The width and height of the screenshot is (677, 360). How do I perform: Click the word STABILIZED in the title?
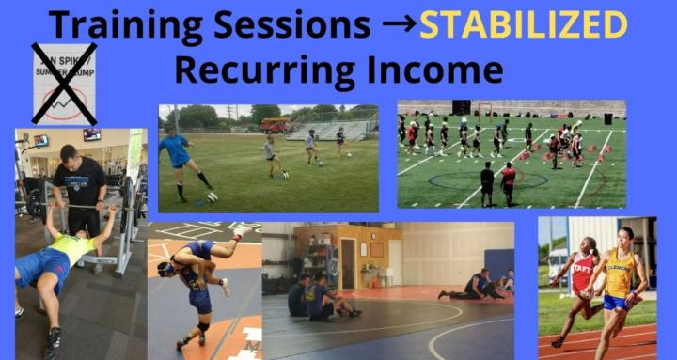click(x=524, y=24)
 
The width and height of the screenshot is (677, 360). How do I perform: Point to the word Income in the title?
click(x=436, y=70)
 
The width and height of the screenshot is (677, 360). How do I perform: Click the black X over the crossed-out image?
click(x=64, y=83)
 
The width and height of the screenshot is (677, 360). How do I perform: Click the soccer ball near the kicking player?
click(x=212, y=196)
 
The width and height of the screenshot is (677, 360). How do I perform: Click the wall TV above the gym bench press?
click(x=91, y=135)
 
